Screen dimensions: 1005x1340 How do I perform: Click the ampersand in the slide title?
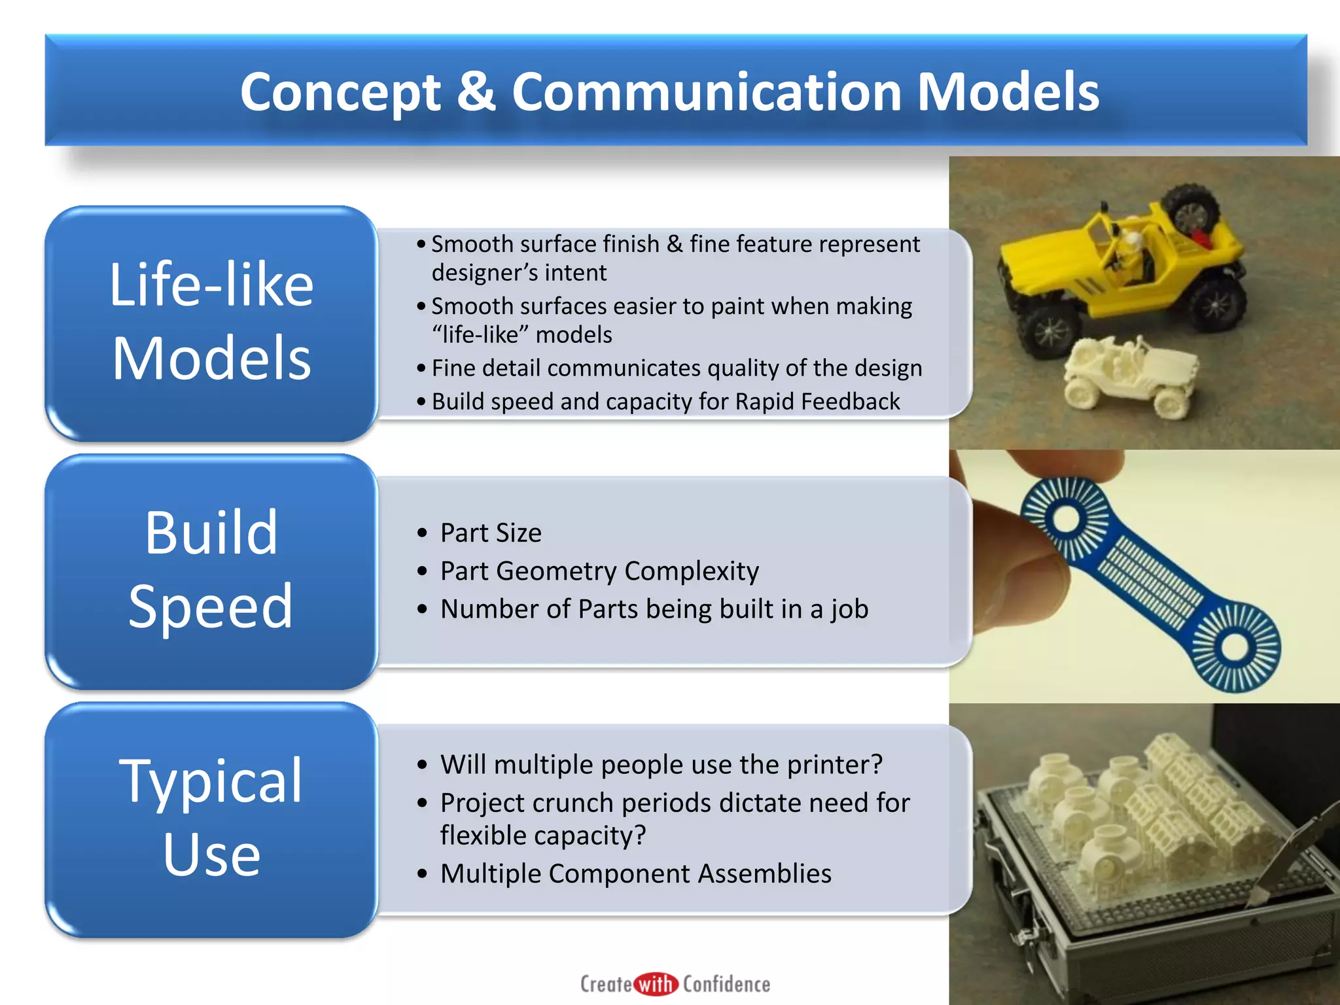pyautogui.click(x=476, y=92)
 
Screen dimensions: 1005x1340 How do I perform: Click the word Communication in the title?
pyautogui.click(x=707, y=92)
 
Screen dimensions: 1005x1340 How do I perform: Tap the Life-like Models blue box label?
pyautogui.click(x=211, y=321)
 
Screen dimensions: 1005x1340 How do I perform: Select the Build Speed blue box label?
pyautogui.click(x=211, y=569)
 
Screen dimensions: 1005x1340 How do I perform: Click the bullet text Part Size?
pyautogui.click(x=491, y=533)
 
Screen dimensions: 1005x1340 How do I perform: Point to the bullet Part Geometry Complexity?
pyautogui.click(x=599, y=571)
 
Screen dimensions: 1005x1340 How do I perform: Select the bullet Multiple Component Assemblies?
pyautogui.click(x=635, y=873)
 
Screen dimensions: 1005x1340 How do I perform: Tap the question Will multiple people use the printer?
pyautogui.click(x=661, y=764)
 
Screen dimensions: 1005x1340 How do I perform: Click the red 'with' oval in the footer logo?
pyautogui.click(x=655, y=984)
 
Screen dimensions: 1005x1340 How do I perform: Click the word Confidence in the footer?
pyautogui.click(x=726, y=984)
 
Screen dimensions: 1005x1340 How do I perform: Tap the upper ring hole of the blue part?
pyautogui.click(x=1066, y=520)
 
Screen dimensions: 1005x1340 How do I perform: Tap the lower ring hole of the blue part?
pyautogui.click(x=1234, y=647)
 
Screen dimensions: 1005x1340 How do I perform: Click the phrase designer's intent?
pyautogui.click(x=519, y=272)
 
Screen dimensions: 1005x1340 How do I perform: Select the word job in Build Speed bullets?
pyautogui.click(x=849, y=609)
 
